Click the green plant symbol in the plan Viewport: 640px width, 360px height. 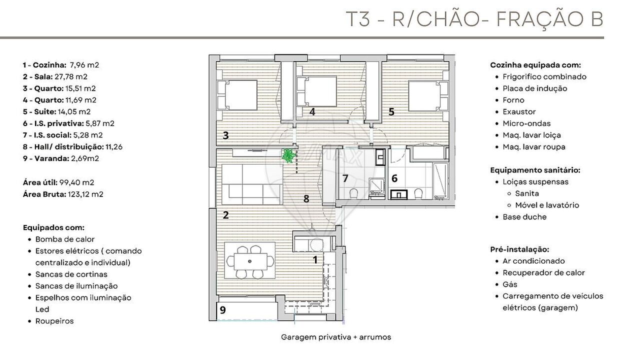(x=288, y=155)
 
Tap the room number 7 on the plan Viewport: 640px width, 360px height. (x=345, y=178)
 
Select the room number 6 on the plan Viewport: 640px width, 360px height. (x=394, y=178)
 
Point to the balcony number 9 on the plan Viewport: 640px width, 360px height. (x=223, y=310)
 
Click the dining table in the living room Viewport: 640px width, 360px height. (x=250, y=261)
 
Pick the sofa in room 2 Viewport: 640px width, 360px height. (x=252, y=184)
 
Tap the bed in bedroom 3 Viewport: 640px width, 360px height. (x=237, y=95)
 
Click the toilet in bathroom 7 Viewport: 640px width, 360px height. (x=353, y=193)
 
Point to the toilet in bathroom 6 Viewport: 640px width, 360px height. (x=418, y=193)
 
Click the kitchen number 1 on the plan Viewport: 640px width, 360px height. (x=315, y=259)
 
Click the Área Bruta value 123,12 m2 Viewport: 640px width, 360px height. (x=85, y=194)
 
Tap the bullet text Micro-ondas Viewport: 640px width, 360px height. (x=526, y=123)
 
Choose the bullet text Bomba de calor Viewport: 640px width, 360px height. (x=65, y=239)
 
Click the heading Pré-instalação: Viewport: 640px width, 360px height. (x=519, y=249)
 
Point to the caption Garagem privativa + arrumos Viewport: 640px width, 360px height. (x=336, y=337)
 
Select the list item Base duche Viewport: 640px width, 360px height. (x=524, y=217)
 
